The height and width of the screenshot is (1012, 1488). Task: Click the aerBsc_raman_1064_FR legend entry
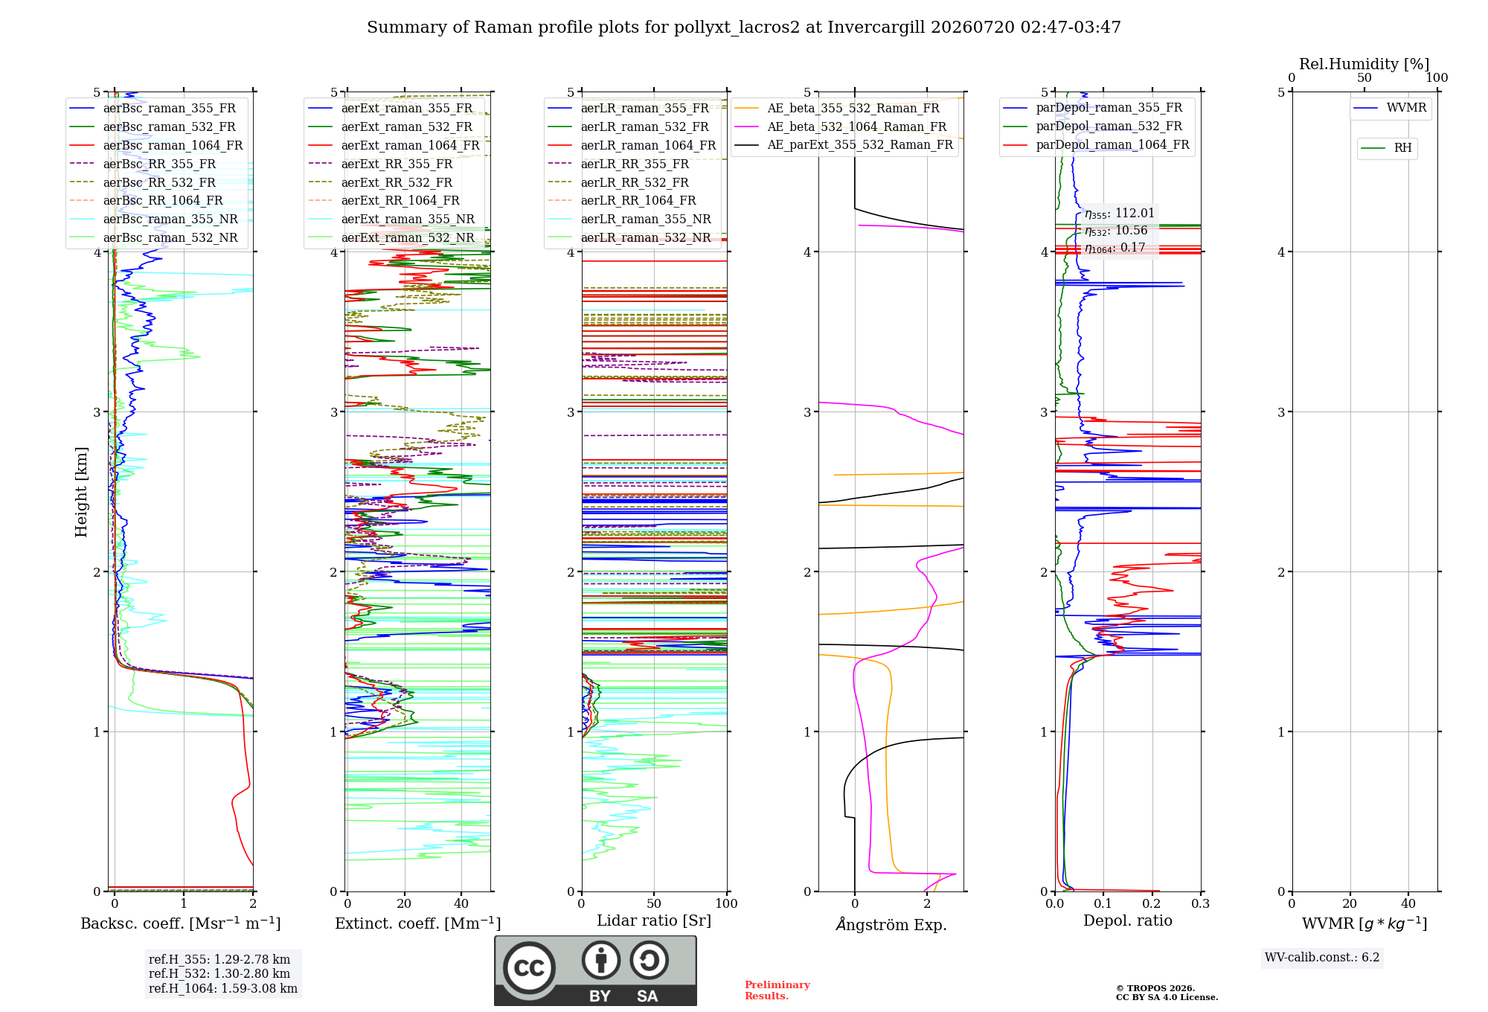point(156,146)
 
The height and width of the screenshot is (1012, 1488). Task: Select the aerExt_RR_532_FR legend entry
point(380,182)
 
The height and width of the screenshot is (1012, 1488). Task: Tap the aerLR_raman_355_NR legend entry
point(629,220)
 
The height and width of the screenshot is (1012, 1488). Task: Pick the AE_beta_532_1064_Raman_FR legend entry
point(841,127)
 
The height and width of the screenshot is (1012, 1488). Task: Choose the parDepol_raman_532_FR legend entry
point(1093,126)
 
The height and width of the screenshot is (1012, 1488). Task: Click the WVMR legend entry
point(1391,108)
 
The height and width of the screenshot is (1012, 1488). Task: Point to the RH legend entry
point(1387,148)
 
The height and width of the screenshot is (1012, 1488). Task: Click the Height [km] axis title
point(81,492)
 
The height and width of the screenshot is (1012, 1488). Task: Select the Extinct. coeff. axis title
point(417,923)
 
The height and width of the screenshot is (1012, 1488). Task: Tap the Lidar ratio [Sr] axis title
point(654,921)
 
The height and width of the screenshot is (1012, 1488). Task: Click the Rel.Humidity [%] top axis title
point(1364,64)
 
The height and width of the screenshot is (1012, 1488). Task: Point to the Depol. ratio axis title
point(1128,921)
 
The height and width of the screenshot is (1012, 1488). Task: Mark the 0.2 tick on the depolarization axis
point(1152,903)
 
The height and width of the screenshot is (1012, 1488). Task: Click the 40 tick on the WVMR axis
point(1408,903)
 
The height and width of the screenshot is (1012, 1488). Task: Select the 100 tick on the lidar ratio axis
point(726,903)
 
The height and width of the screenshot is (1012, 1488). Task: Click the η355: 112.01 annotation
point(1120,214)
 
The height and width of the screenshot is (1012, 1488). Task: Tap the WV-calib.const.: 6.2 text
point(1322,958)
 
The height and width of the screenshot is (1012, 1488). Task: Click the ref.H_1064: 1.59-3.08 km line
point(223,989)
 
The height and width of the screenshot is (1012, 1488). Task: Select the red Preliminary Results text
point(777,990)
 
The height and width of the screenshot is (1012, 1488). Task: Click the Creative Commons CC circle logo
point(529,968)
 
